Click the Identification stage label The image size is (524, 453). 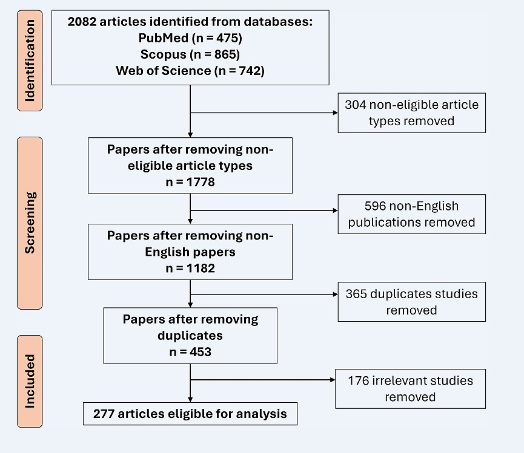(30, 60)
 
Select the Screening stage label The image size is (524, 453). (30, 223)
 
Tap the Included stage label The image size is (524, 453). (30, 381)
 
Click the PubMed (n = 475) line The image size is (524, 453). (190, 39)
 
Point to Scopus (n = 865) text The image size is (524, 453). (190, 54)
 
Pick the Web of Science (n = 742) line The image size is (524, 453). (190, 71)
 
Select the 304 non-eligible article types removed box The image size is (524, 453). (411, 112)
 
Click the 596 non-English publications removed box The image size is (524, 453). (411, 214)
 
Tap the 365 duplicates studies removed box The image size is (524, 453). (411, 302)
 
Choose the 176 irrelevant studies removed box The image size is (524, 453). (410, 389)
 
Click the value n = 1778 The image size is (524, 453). (190, 181)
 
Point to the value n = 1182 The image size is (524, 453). (190, 268)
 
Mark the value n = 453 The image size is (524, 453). (190, 351)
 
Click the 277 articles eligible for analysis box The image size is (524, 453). (190, 414)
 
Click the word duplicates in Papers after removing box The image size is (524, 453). (190, 335)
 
